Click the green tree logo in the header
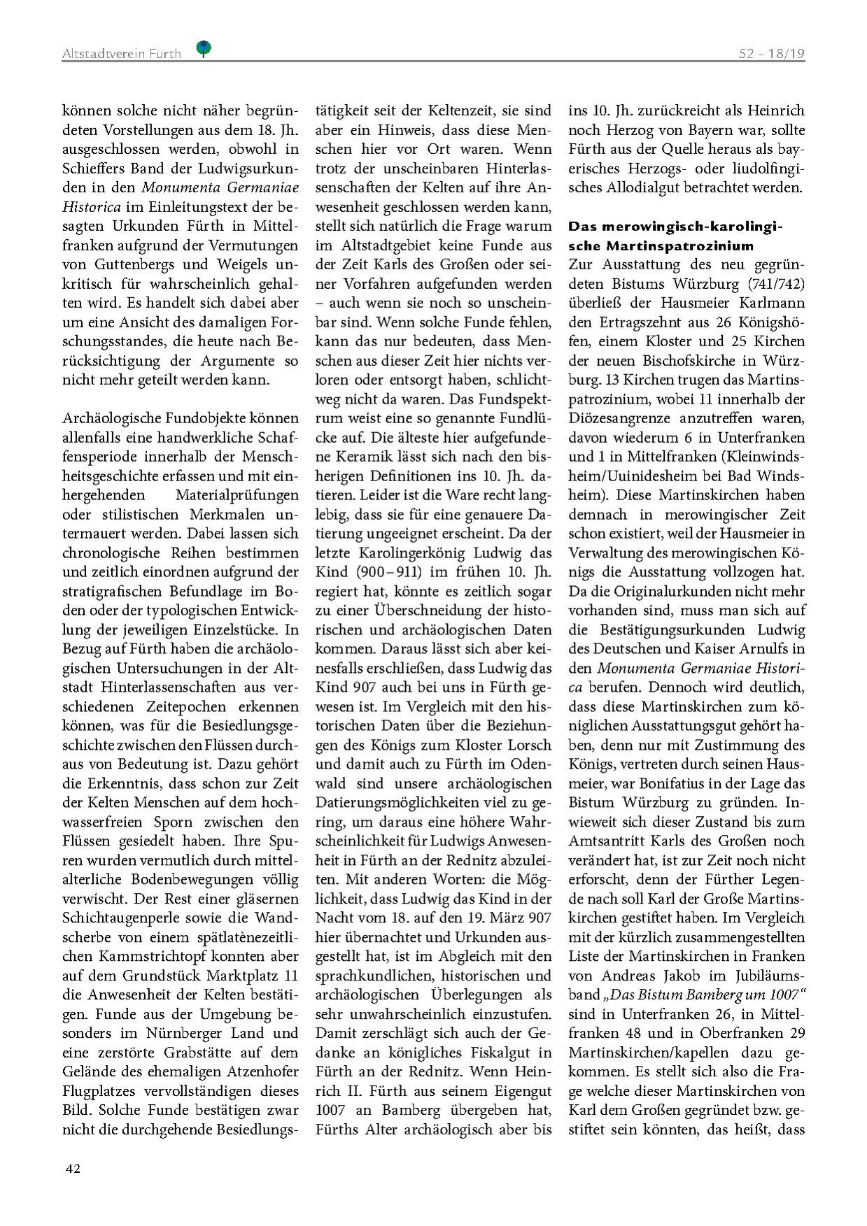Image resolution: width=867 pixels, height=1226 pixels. [x=204, y=48]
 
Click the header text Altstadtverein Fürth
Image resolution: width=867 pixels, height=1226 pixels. [x=121, y=53]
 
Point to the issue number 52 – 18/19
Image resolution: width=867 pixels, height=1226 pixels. [x=772, y=53]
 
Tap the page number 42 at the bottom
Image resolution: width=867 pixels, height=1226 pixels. [x=73, y=1169]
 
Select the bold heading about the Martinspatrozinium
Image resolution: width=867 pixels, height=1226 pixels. [x=675, y=236]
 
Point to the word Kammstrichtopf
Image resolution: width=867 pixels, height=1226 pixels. [x=140, y=956]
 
